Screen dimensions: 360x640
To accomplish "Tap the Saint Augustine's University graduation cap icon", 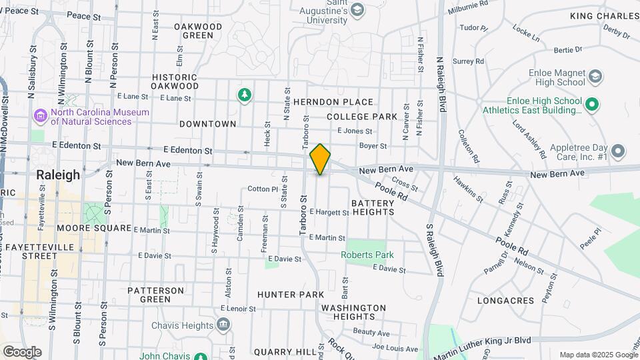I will tap(358, 10).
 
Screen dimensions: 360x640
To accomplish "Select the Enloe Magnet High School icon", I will tap(594, 77).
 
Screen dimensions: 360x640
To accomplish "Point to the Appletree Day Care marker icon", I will tap(618, 151).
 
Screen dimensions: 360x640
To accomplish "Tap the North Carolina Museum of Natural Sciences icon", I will tap(41, 117).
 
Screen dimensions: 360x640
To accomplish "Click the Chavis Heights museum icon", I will tap(223, 325).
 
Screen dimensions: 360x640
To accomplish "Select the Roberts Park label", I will tap(367, 255).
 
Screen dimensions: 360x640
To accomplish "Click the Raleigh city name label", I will tap(58, 175).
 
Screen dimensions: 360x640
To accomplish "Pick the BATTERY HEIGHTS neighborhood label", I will tap(373, 207).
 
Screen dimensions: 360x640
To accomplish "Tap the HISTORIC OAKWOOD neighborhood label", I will tap(175, 81).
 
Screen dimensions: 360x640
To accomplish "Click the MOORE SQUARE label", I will tap(94, 228).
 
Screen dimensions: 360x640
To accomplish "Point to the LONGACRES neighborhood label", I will tap(506, 301).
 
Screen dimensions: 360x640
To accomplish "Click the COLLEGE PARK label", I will tap(362, 117).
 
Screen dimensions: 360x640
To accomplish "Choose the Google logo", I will tap(22, 351).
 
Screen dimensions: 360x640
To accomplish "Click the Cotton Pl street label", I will tap(262, 189).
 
